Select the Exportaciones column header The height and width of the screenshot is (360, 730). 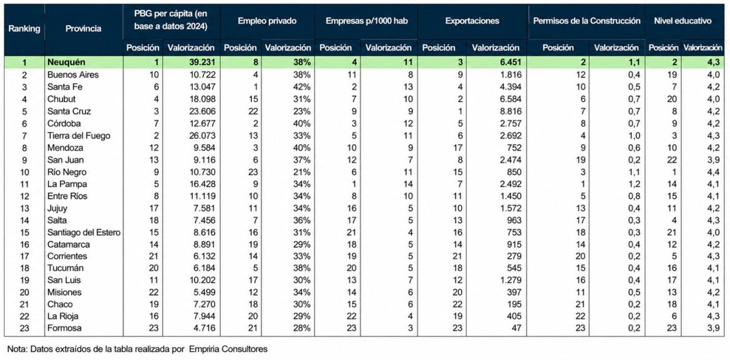(x=472, y=21)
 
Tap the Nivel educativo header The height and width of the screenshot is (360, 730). (x=683, y=21)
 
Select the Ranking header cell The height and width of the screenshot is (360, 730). (x=24, y=29)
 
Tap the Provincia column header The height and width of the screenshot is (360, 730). (x=84, y=29)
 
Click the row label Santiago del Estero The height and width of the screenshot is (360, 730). (x=84, y=232)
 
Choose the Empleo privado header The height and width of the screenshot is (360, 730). (x=267, y=21)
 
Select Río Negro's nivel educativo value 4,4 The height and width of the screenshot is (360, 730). (x=716, y=172)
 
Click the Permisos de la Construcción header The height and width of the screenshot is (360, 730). (x=586, y=21)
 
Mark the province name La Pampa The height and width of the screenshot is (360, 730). (x=67, y=183)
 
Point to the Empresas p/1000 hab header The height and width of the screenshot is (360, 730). (x=366, y=21)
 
